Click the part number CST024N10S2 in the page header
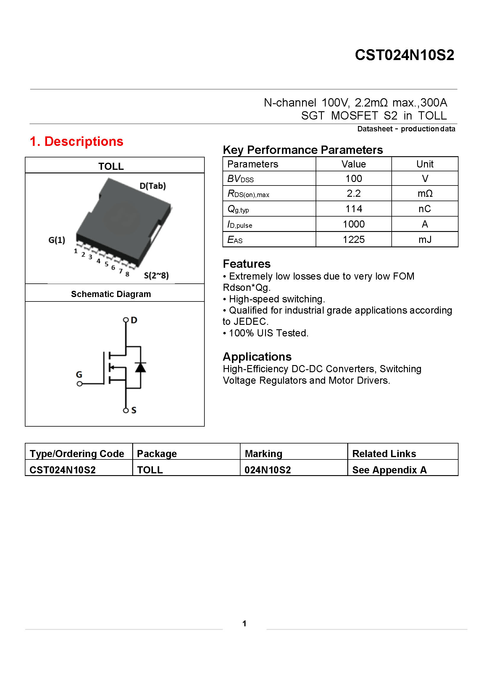[404, 55]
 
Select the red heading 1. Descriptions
[77, 141]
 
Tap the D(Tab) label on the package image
[152, 186]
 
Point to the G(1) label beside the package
[57, 240]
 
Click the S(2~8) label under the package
[156, 275]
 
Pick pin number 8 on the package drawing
[128, 274]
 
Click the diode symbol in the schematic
[141, 367]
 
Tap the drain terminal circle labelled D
[126, 320]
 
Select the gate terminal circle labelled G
[80, 384]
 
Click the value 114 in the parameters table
[354, 209]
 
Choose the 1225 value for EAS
[354, 240]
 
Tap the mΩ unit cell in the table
[425, 193]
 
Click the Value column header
[354, 164]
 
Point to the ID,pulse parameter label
[240, 225]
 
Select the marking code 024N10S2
[267, 470]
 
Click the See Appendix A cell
[389, 470]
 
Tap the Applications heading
[257, 357]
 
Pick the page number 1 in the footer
[244, 623]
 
